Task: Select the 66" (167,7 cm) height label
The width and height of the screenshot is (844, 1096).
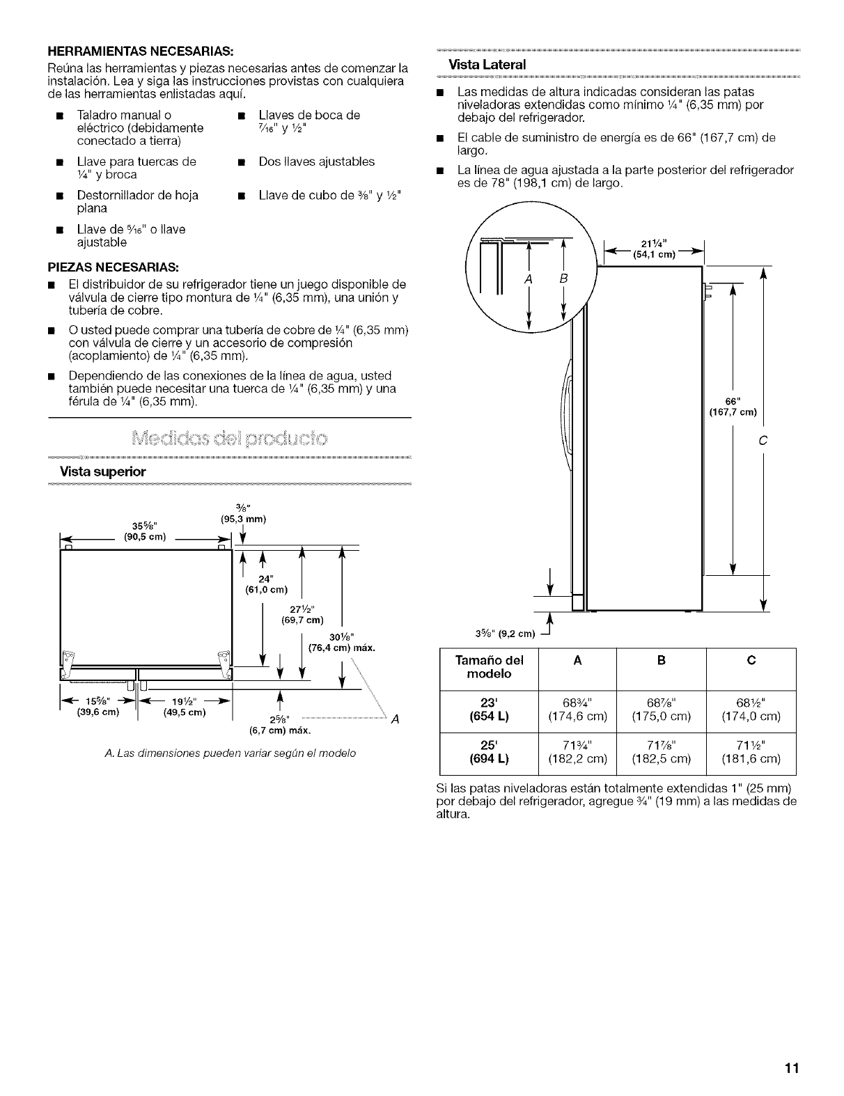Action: pyautogui.click(x=732, y=405)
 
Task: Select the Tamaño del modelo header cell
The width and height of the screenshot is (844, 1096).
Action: pyautogui.click(x=488, y=667)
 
